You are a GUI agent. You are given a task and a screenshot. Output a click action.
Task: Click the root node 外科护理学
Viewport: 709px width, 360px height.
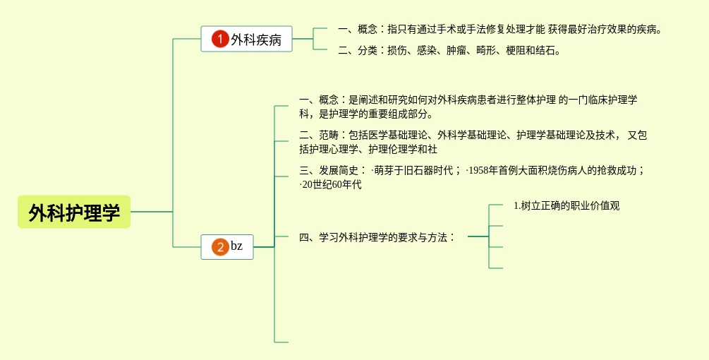tap(74, 212)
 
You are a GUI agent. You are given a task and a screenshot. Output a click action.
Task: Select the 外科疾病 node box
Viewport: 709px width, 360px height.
tap(246, 40)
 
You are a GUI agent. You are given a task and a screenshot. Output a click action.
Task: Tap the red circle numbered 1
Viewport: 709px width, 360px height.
tap(220, 40)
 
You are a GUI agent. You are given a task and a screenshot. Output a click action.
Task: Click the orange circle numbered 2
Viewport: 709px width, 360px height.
tap(220, 247)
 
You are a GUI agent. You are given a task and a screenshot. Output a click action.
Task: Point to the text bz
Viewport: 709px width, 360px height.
tap(237, 246)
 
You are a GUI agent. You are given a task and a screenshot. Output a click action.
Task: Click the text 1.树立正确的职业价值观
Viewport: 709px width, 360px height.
tap(566, 205)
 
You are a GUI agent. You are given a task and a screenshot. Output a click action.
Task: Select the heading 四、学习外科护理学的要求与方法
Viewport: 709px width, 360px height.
tap(377, 237)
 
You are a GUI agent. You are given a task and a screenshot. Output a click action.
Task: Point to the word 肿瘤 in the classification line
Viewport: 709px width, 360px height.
tap(456, 50)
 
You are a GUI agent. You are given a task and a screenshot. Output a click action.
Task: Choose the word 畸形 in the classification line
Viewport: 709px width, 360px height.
tap(485, 50)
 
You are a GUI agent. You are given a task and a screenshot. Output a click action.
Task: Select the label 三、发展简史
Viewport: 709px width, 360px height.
tap(332, 170)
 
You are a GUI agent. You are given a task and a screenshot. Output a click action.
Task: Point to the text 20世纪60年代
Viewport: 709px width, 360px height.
tap(332, 184)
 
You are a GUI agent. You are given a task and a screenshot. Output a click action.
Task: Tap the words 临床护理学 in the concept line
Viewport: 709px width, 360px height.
tap(613, 100)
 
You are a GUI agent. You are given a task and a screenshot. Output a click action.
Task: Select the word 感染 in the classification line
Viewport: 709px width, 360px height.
tap(426, 50)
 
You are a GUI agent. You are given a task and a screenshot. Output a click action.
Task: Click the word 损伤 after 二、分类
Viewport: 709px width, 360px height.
tap(396, 50)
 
